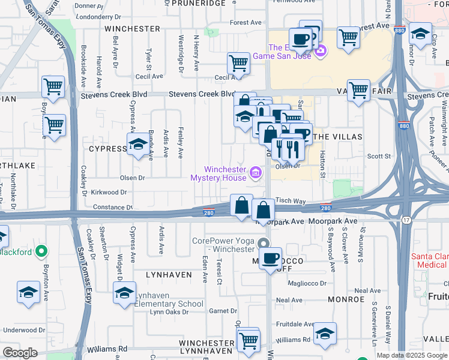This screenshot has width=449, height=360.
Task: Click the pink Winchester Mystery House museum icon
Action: pyautogui.click(x=256, y=173)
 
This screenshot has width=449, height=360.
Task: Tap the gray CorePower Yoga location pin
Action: pyautogui.click(x=263, y=244)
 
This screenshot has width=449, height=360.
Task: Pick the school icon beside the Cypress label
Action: pyautogui.click(x=137, y=145)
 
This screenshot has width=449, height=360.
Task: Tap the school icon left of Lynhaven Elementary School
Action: pyautogui.click(x=124, y=293)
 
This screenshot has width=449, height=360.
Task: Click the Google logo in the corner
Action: pyautogui.click(x=20, y=353)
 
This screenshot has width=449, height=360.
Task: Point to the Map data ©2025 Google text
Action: pyautogui.click(x=411, y=355)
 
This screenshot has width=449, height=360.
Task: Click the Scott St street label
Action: pyautogui.click(x=379, y=156)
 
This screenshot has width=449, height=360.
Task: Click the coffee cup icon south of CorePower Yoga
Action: pyautogui.click(x=271, y=259)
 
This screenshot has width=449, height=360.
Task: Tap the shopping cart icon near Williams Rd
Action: pyautogui.click(x=248, y=340)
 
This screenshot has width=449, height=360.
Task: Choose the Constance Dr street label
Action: pyautogui.click(x=112, y=207)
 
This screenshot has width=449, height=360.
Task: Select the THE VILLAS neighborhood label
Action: pyautogui.click(x=338, y=137)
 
